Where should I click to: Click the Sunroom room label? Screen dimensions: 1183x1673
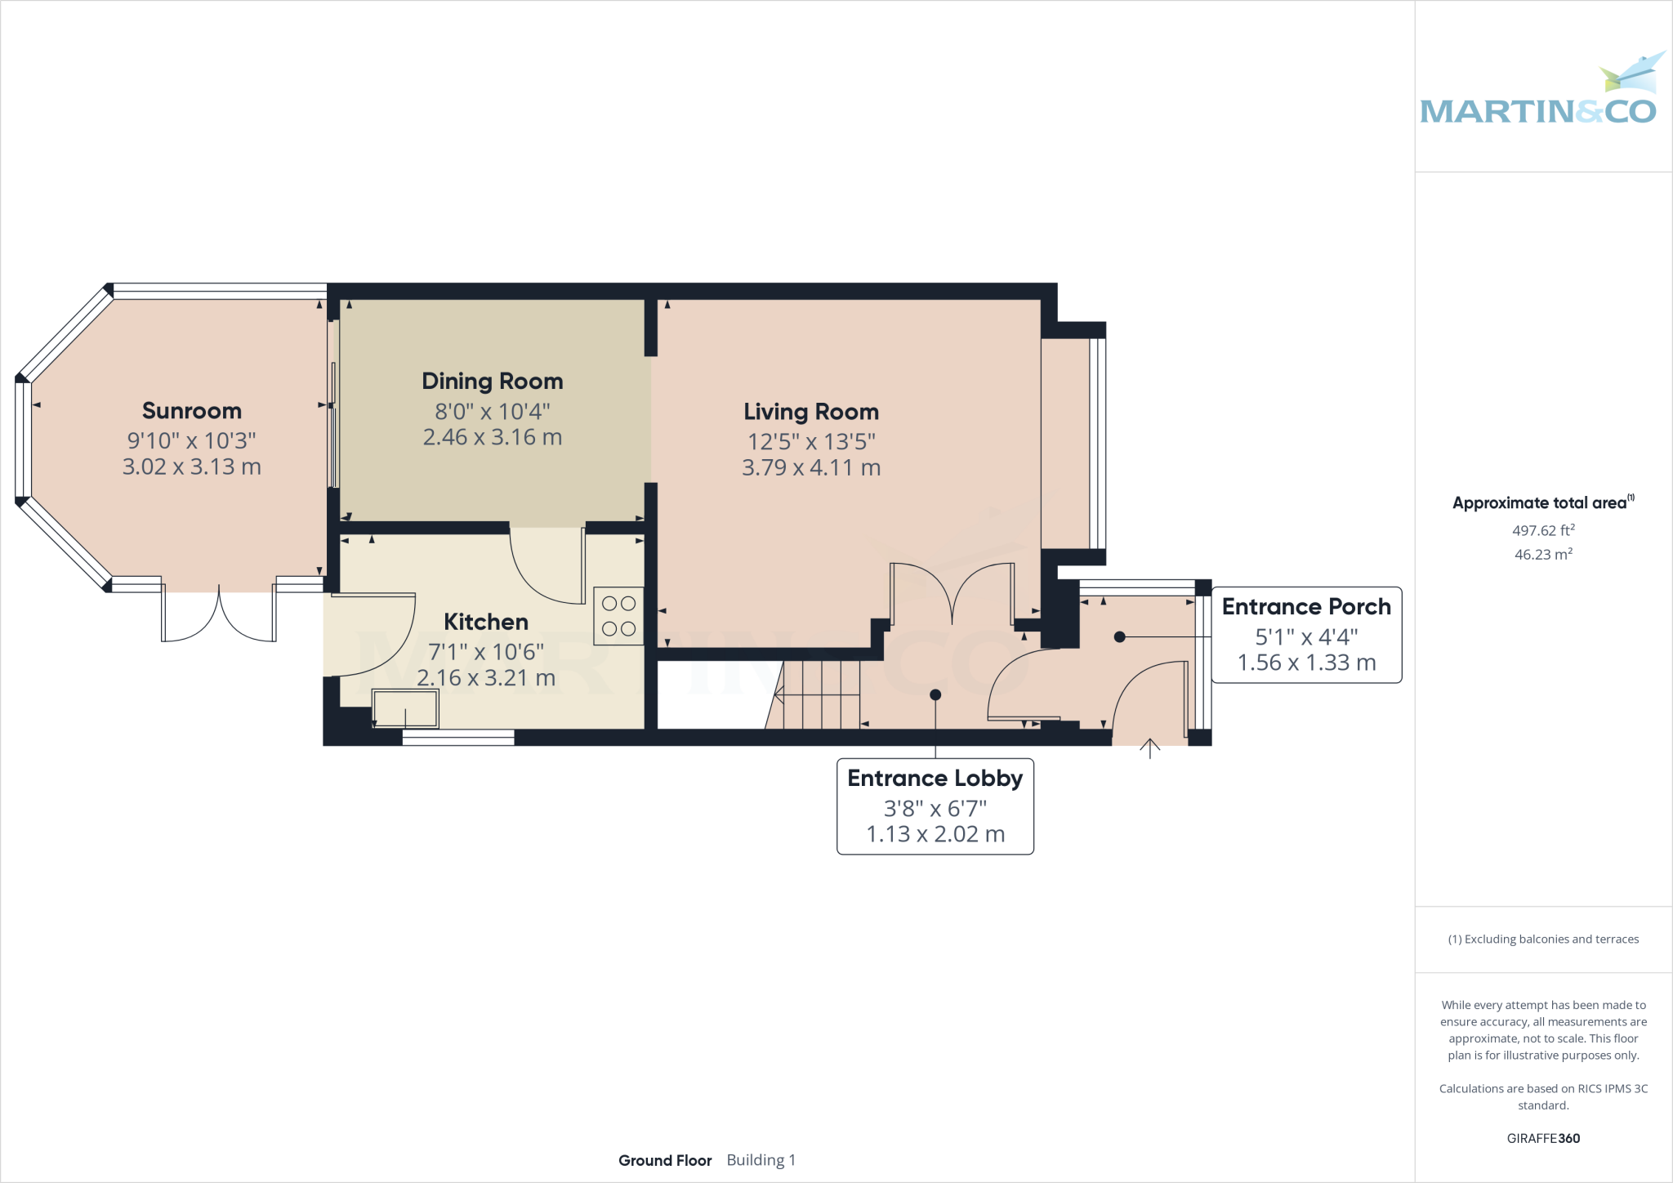click(192, 411)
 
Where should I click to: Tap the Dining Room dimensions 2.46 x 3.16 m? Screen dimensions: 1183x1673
click(493, 437)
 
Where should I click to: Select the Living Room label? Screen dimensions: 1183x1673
click(811, 412)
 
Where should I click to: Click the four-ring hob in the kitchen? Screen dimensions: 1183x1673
click(618, 616)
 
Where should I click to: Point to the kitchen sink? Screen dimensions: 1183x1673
click(405, 708)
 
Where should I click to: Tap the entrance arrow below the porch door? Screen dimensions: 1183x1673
click(1149, 748)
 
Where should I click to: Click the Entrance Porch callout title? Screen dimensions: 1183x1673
click(1305, 607)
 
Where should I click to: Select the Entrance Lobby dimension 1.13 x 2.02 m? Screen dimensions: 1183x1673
click(935, 834)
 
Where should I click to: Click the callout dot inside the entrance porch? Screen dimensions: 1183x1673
click(1119, 636)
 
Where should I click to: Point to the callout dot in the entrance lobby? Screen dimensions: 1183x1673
click(935, 694)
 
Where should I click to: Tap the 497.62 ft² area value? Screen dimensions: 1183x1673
click(1542, 530)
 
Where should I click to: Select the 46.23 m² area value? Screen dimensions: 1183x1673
click(1542, 554)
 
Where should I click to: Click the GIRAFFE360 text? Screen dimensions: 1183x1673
click(1542, 1138)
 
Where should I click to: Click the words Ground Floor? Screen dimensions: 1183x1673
click(665, 1160)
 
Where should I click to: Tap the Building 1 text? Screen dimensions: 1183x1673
click(761, 1160)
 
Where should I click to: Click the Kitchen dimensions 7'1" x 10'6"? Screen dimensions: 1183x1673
click(486, 652)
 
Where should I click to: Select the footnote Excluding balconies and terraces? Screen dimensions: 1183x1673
click(1543, 940)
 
